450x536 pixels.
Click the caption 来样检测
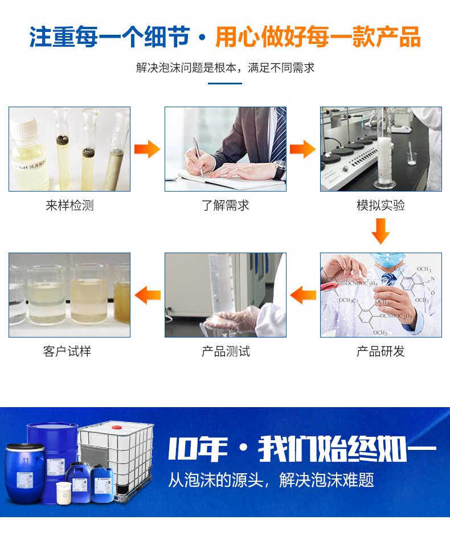pyautogui.click(x=69, y=205)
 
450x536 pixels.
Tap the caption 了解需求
pyautogui.click(x=225, y=205)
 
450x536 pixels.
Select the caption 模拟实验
pyautogui.click(x=381, y=205)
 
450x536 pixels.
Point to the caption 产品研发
pyautogui.click(x=381, y=351)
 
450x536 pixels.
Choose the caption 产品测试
pyautogui.click(x=225, y=351)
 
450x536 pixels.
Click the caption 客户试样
pyautogui.click(x=67, y=351)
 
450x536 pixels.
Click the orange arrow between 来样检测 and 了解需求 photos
pyautogui.click(x=147, y=149)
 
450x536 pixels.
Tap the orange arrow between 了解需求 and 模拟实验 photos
pyautogui.click(x=302, y=149)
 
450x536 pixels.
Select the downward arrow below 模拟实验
pyautogui.click(x=381, y=230)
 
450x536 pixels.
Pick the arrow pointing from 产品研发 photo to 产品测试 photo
pyautogui.click(x=303, y=295)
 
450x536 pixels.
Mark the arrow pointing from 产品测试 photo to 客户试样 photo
pyautogui.click(x=147, y=295)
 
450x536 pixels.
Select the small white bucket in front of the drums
pyautogui.click(x=63, y=493)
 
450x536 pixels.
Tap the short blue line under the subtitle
pyautogui.click(x=224, y=84)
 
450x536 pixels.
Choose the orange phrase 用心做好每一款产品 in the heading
pyautogui.click(x=318, y=37)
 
